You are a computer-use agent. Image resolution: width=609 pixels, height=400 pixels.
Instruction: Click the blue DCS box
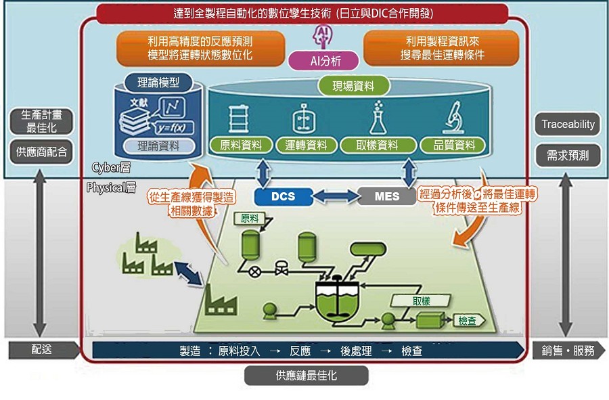pos(284,196)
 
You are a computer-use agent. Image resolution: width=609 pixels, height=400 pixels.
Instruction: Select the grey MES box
pos(386,196)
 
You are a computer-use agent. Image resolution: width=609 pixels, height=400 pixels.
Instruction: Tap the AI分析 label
pos(323,61)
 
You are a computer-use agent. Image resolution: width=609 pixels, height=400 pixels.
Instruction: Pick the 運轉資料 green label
pos(306,145)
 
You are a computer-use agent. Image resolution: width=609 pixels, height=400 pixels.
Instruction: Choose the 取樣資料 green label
pos(378,145)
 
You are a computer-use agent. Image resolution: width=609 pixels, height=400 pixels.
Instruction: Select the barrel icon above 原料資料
pos(236,119)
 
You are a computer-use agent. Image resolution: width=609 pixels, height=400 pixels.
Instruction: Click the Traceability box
pos(568,124)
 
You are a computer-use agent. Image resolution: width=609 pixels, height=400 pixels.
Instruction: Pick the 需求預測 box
pos(568,155)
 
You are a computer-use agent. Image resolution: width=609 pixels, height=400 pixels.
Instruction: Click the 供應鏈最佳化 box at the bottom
pos(306,375)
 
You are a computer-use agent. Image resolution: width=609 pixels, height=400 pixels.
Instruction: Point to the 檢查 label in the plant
pos(468,320)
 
